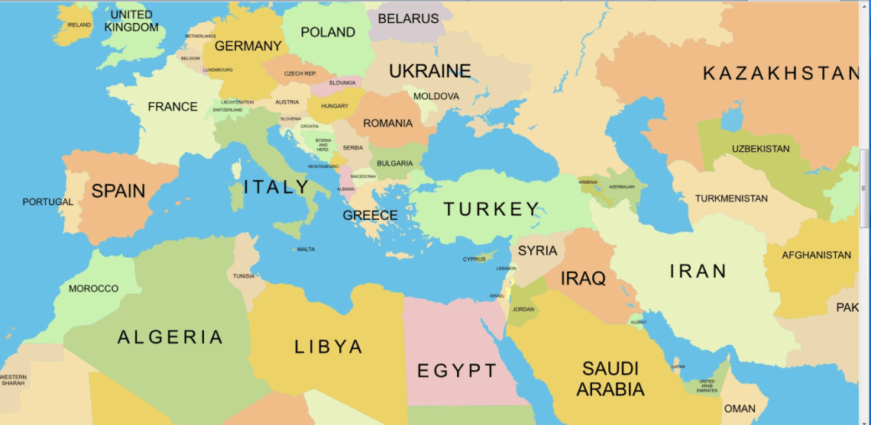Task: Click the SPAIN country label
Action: click(x=118, y=191)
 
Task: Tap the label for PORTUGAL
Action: click(x=47, y=202)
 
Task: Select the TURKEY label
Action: click(x=491, y=209)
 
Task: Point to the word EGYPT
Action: click(x=457, y=372)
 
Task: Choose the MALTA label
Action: click(x=306, y=250)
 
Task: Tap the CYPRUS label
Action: click(x=474, y=259)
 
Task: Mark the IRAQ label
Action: click(x=583, y=278)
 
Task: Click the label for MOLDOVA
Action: click(x=436, y=96)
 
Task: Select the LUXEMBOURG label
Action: click(x=218, y=69)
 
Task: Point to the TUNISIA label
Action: click(x=244, y=276)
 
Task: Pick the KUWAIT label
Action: click(x=638, y=322)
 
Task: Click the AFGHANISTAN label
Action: click(x=816, y=255)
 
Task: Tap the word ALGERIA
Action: click(x=170, y=337)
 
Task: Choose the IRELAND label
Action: click(x=79, y=25)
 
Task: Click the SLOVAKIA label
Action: click(x=342, y=82)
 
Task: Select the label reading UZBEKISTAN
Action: click(x=760, y=148)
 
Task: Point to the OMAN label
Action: click(x=740, y=409)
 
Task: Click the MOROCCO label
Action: click(x=93, y=288)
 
